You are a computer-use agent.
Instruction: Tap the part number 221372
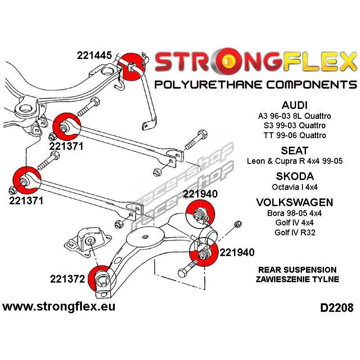tap(67, 279)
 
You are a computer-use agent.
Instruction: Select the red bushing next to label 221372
tap(102, 280)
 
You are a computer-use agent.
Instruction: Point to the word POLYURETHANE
tap(207, 84)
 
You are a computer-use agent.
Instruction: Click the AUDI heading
tap(294, 105)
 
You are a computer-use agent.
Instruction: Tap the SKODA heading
tap(294, 176)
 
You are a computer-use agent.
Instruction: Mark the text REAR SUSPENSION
tap(297, 270)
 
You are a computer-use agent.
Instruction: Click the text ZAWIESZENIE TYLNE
tap(297, 279)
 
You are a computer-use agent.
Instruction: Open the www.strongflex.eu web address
tap(58, 307)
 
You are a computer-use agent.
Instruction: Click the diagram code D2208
tap(337, 309)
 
